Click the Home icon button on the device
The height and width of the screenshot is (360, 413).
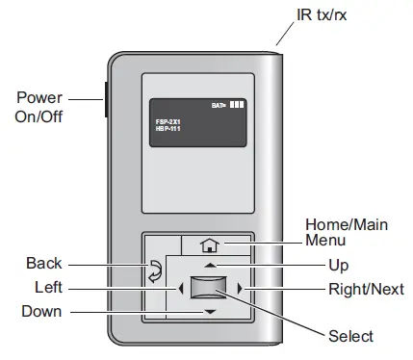click(210, 245)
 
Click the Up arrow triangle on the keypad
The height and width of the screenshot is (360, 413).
click(210, 265)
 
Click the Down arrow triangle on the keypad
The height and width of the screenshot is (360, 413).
click(210, 312)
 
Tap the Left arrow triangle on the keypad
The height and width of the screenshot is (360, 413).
click(180, 288)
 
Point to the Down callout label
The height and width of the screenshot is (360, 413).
click(43, 311)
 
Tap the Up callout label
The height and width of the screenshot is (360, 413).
click(338, 265)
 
